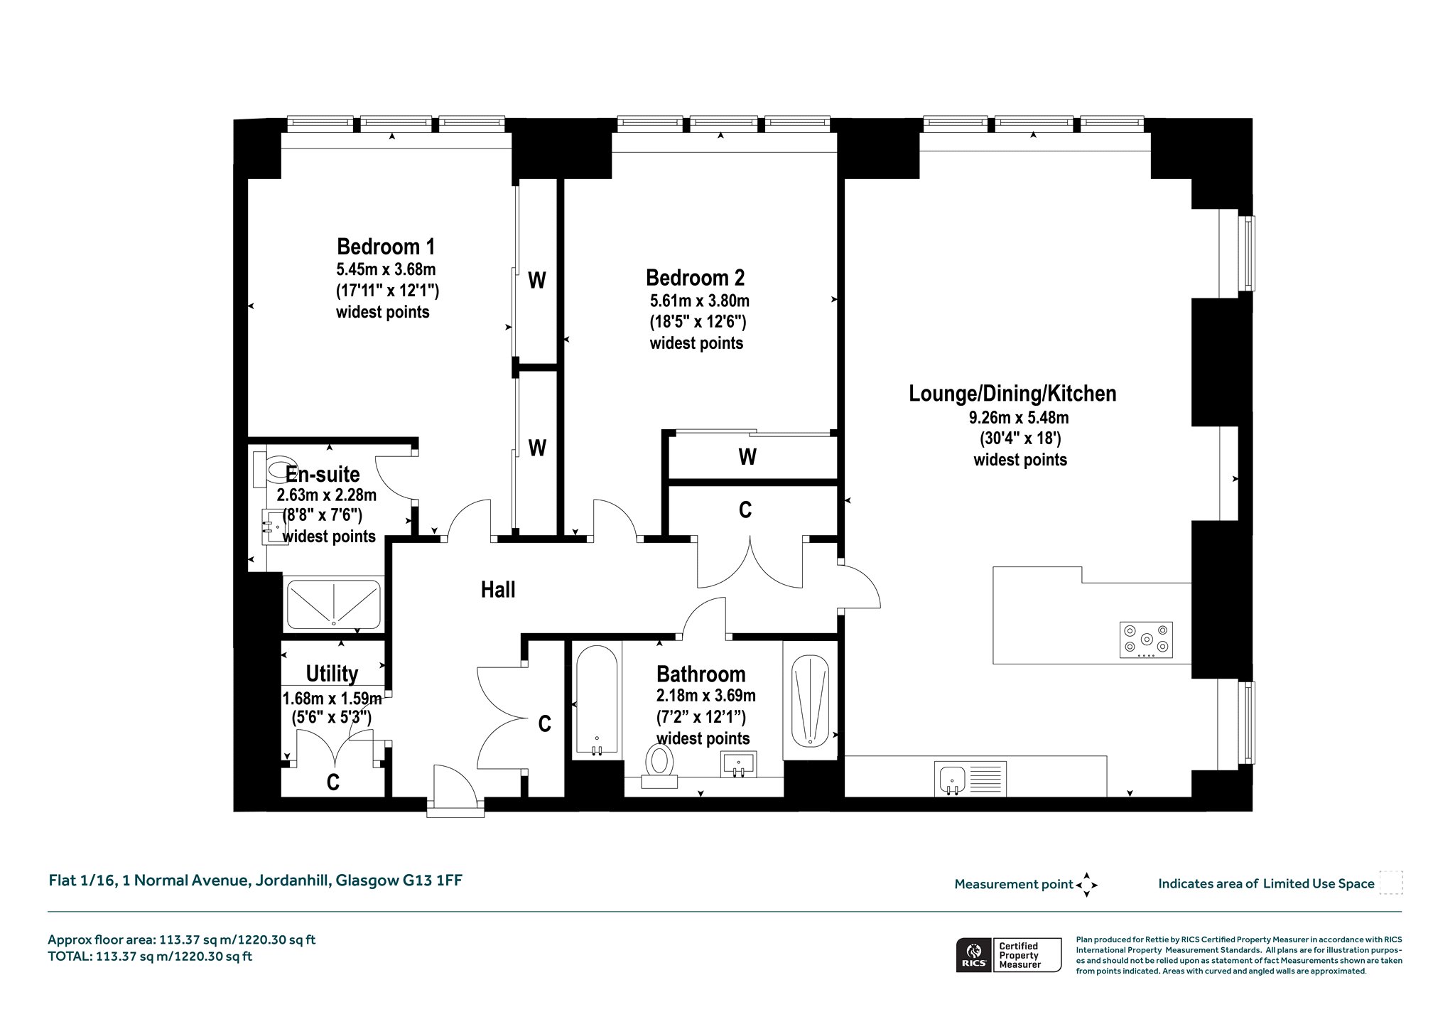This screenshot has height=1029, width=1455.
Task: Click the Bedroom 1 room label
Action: tap(386, 247)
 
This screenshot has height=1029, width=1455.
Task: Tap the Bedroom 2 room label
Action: tap(696, 277)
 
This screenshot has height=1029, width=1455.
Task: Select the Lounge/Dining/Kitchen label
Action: tap(1012, 393)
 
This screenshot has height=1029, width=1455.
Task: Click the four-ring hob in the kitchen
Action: tap(1146, 640)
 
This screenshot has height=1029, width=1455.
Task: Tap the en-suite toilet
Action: tap(269, 468)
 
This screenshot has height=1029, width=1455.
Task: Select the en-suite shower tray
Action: tap(333, 605)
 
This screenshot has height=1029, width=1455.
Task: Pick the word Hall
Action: tap(498, 590)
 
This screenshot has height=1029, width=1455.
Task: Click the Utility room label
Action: tap(332, 673)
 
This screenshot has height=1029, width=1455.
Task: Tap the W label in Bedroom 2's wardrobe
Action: tap(747, 457)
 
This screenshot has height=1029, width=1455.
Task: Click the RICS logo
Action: tap(974, 954)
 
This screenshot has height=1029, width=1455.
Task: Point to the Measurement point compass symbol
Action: tap(1086, 885)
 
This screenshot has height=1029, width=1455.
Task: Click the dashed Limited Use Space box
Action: tap(1390, 883)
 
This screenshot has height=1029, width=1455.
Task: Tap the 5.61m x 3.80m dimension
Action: tap(699, 301)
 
